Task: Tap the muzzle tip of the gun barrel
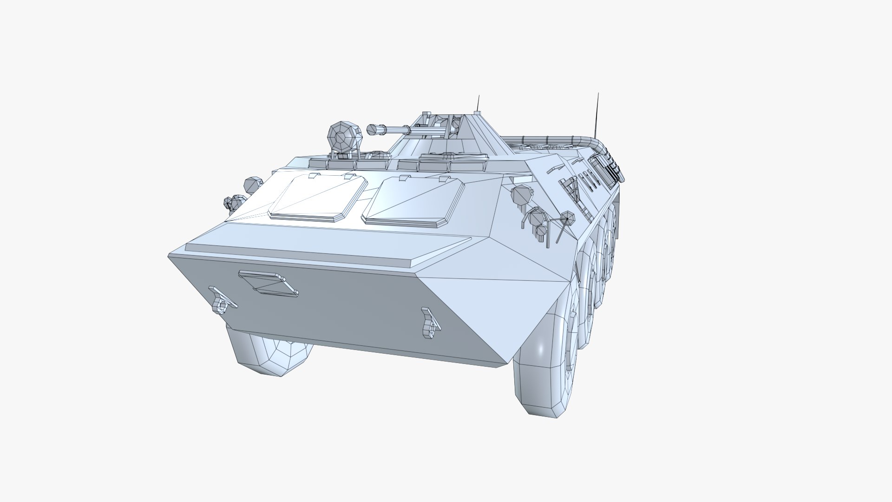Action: pyautogui.click(x=372, y=130)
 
